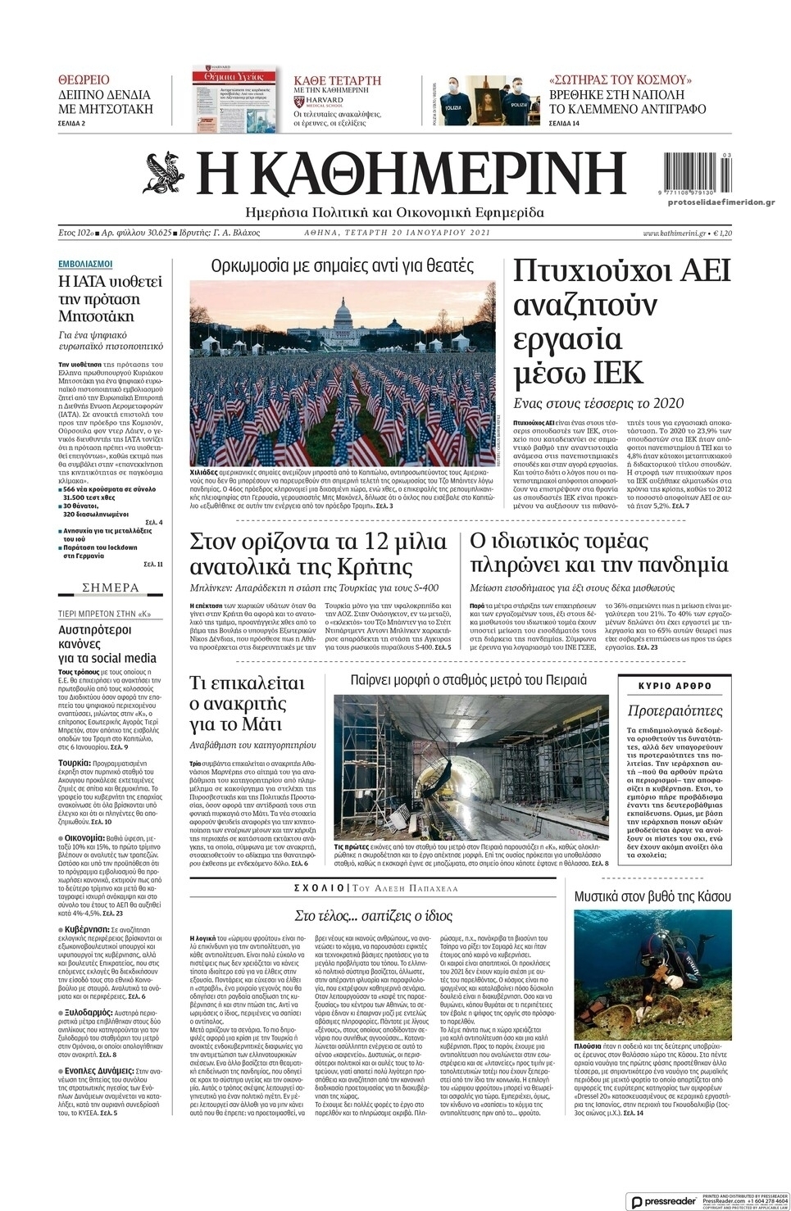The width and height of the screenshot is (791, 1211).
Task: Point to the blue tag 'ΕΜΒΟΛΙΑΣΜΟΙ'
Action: [85, 264]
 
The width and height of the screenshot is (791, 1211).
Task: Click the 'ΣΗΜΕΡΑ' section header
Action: [111, 587]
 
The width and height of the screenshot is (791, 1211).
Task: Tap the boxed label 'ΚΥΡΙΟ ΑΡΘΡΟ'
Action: [675, 686]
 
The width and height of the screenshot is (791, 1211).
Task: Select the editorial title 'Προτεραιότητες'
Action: [675, 710]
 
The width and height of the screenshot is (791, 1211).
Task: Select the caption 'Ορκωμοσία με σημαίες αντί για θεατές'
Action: [343, 265]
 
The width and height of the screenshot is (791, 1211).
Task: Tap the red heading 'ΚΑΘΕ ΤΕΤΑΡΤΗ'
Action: [338, 80]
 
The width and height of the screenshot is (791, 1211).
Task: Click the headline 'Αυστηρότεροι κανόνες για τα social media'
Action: [107, 643]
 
